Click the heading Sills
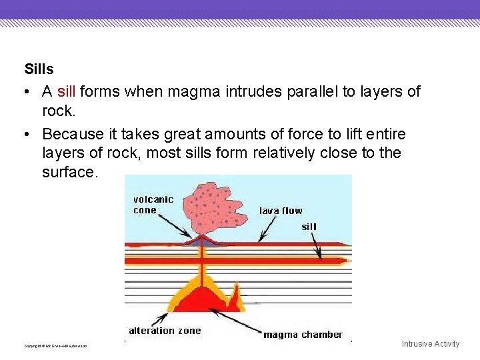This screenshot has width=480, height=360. (x=39, y=69)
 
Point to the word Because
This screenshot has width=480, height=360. (x=74, y=134)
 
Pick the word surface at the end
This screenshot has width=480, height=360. (x=69, y=172)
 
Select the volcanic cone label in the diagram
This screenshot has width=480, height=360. (x=153, y=205)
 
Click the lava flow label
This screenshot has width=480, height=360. (x=281, y=211)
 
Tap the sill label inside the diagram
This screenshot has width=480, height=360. (x=309, y=227)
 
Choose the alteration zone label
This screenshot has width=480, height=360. (x=165, y=331)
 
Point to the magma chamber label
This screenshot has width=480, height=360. (x=303, y=335)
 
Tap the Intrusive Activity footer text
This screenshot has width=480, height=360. (x=430, y=344)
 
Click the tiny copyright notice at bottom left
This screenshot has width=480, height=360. (x=55, y=346)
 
